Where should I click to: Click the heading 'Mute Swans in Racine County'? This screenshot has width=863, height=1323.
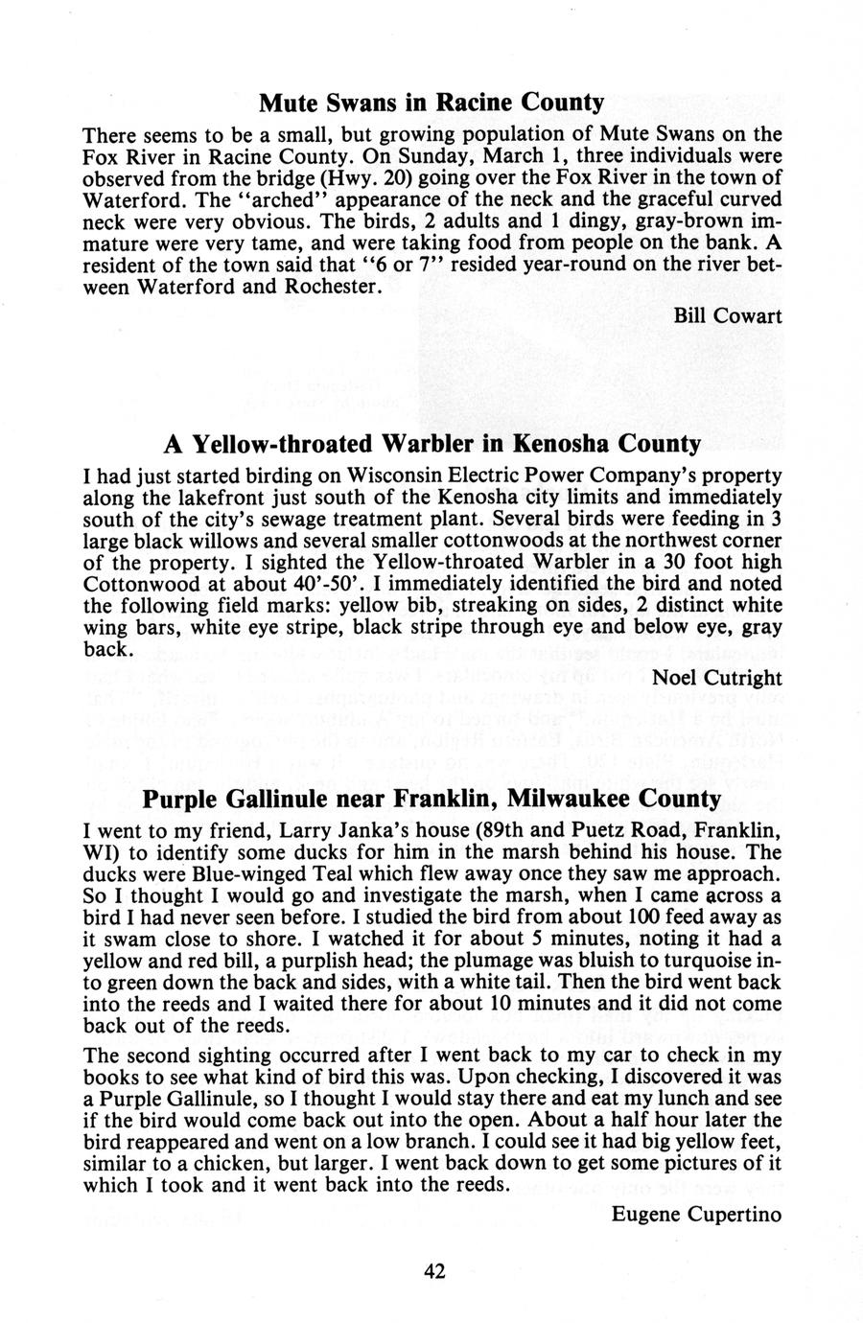(x=431, y=102)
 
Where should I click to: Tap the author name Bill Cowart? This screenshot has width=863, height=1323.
(x=728, y=315)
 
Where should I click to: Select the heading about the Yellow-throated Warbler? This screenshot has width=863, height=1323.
(x=431, y=444)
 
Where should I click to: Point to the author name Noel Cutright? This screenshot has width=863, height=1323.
(x=716, y=678)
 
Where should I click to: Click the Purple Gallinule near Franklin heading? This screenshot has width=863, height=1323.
(x=431, y=798)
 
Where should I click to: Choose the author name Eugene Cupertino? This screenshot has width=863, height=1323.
(x=696, y=1214)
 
